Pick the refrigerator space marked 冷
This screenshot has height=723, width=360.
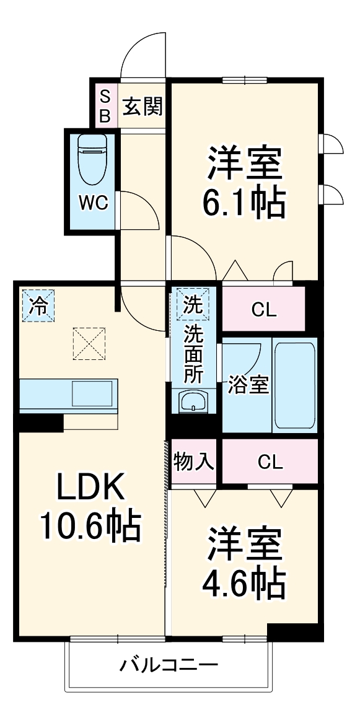click(x=38, y=306)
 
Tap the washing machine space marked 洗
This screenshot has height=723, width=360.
click(x=193, y=304)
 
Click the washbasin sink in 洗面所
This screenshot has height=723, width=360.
click(x=193, y=403)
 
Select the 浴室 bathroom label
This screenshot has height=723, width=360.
click(x=247, y=384)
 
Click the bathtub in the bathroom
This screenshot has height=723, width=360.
click(x=294, y=384)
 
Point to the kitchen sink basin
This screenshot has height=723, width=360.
click(x=92, y=393)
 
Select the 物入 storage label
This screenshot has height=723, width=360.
click(x=193, y=462)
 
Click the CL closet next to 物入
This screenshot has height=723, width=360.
click(x=270, y=462)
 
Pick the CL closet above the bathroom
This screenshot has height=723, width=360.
click(x=264, y=309)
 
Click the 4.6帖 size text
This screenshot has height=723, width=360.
click(x=245, y=581)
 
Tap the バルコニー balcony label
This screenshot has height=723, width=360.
click(x=169, y=666)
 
